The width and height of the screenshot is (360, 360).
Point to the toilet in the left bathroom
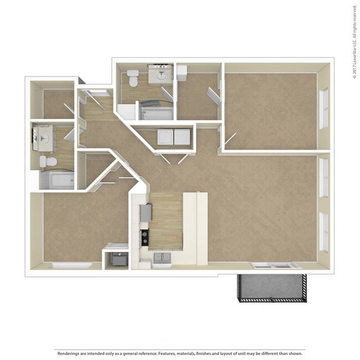pyautogui.click(x=48, y=161)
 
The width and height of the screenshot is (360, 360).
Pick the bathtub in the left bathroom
pyautogui.click(x=57, y=179)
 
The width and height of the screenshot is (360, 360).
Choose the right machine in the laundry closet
pyautogui.click(x=182, y=137)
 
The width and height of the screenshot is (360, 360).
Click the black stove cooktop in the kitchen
pyautogui.click(x=144, y=238)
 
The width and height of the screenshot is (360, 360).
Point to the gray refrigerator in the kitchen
pyautogui.click(x=145, y=212)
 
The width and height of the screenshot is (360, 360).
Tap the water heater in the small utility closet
pyautogui.click(x=119, y=259)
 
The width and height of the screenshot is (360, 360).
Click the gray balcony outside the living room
pyautogui.click(x=271, y=287)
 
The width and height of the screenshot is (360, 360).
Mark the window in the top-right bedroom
pyautogui.click(x=323, y=109)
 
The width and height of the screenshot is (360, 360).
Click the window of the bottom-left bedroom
pyautogui.click(x=72, y=266)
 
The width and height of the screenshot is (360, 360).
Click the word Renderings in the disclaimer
pyautogui.click(x=67, y=353)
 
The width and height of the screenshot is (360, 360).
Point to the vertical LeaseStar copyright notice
pyautogui.click(x=354, y=42)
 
